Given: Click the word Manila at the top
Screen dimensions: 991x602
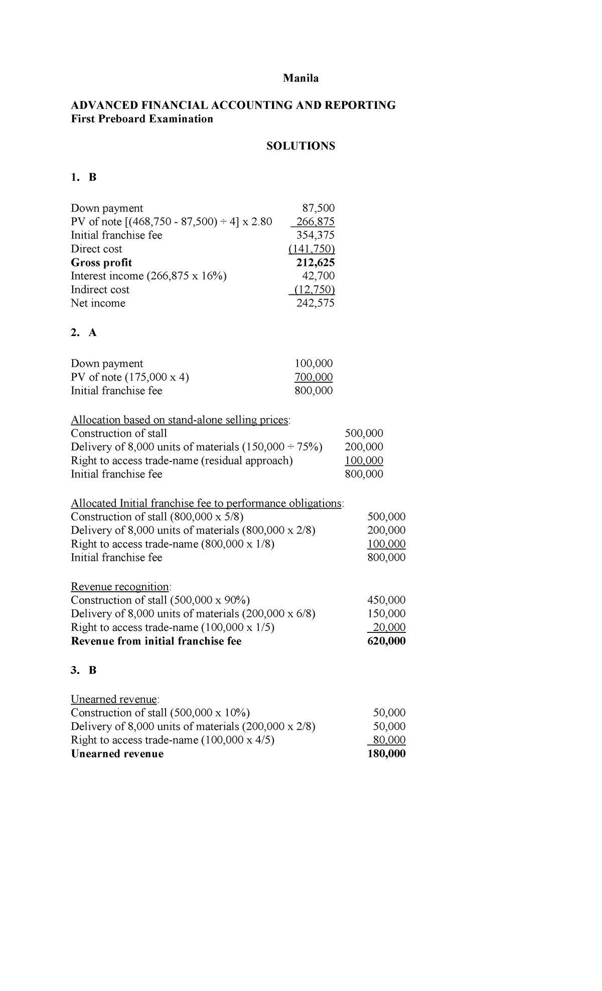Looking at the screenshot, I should click(x=300, y=78).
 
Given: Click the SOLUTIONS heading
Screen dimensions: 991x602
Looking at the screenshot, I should click(x=300, y=146).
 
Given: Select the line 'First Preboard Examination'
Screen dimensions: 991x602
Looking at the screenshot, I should click(x=142, y=119).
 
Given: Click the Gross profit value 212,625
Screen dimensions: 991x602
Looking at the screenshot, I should click(x=316, y=262).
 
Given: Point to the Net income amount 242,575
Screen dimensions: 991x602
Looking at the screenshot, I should click(x=316, y=303).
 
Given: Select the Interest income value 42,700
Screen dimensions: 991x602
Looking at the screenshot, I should click(x=319, y=276).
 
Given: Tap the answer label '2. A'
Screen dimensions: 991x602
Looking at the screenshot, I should click(x=83, y=333).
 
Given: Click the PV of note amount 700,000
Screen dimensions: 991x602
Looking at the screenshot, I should click(x=314, y=377).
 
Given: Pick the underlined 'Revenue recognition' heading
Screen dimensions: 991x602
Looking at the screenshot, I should click(x=120, y=587).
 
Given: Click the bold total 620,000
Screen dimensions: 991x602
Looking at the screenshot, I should click(x=386, y=641).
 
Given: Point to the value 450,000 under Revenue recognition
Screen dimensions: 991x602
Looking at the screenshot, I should click(x=386, y=600).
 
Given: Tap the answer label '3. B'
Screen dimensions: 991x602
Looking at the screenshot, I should click(x=83, y=671).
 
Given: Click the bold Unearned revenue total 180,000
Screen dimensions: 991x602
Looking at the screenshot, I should click(x=386, y=754).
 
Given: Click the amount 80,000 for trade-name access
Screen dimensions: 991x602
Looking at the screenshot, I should click(x=389, y=740).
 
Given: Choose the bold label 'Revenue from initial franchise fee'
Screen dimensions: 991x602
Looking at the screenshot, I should click(x=156, y=641).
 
